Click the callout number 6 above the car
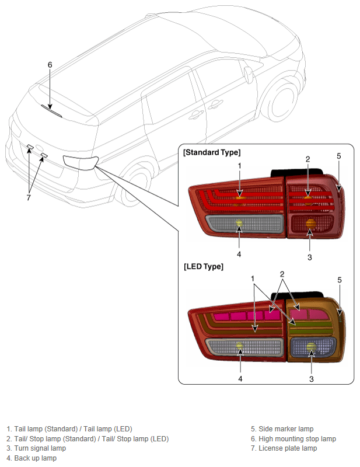[x=50, y=65]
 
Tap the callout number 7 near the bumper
[x=29, y=197]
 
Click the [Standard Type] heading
[x=212, y=152]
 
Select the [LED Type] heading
[x=204, y=266]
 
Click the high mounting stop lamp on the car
[x=51, y=111]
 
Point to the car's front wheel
[x=280, y=102]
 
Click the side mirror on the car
[x=248, y=75]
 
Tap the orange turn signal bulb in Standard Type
[x=310, y=224]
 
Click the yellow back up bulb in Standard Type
[x=239, y=223]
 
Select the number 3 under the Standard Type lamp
[x=310, y=257]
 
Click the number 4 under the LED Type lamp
[x=240, y=378]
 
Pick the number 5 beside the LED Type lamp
[x=340, y=280]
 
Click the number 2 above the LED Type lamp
[x=282, y=274]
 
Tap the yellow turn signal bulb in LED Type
[x=311, y=347]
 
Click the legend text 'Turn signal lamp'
[x=40, y=448]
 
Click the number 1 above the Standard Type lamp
[x=240, y=166]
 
